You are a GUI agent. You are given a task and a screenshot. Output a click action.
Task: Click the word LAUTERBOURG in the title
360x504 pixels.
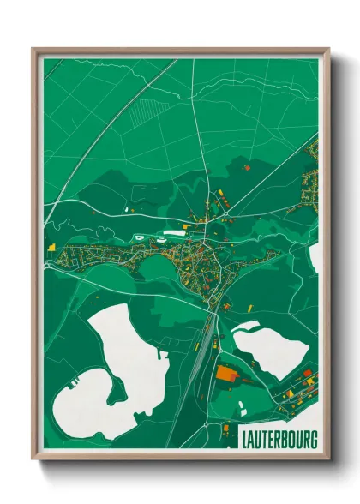coord(279,441)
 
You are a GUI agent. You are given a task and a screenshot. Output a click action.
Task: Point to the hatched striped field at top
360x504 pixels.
coord(147,112)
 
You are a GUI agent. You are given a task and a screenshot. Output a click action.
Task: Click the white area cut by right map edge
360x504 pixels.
coord(315,257)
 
